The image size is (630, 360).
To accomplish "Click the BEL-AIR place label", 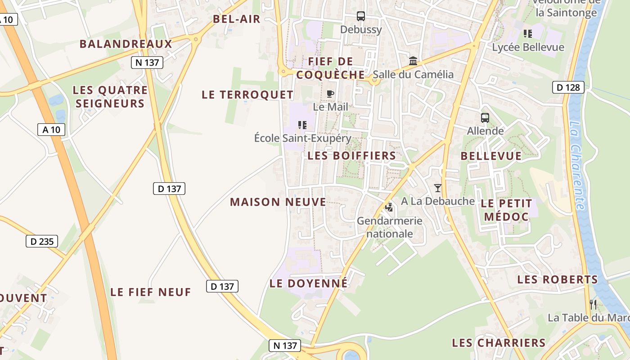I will (237, 19).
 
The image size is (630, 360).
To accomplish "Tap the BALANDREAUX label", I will (126, 44).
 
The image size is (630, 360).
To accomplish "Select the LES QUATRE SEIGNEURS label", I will (110, 97).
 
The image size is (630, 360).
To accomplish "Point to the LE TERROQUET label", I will (247, 94).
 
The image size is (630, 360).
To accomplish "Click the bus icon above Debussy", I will (361, 16).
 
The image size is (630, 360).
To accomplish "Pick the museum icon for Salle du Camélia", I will (413, 61).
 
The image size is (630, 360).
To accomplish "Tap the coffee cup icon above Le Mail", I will (330, 94).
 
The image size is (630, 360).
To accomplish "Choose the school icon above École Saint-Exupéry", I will (302, 125).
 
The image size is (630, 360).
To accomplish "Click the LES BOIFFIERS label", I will (352, 156).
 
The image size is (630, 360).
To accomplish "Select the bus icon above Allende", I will (485, 118).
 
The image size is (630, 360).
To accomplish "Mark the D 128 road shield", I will (568, 87).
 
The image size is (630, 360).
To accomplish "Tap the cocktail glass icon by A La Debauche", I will (438, 188).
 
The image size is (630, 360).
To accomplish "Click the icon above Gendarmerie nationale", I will (389, 207).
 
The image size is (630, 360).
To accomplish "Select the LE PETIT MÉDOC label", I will (506, 210).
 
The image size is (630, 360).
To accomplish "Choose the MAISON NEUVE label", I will (278, 202).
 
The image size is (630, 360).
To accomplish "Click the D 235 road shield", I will (42, 241).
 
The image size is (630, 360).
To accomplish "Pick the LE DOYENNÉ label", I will (309, 283).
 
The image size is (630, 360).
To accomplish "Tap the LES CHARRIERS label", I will (499, 343).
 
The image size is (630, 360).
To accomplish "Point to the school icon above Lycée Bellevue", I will (528, 33).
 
